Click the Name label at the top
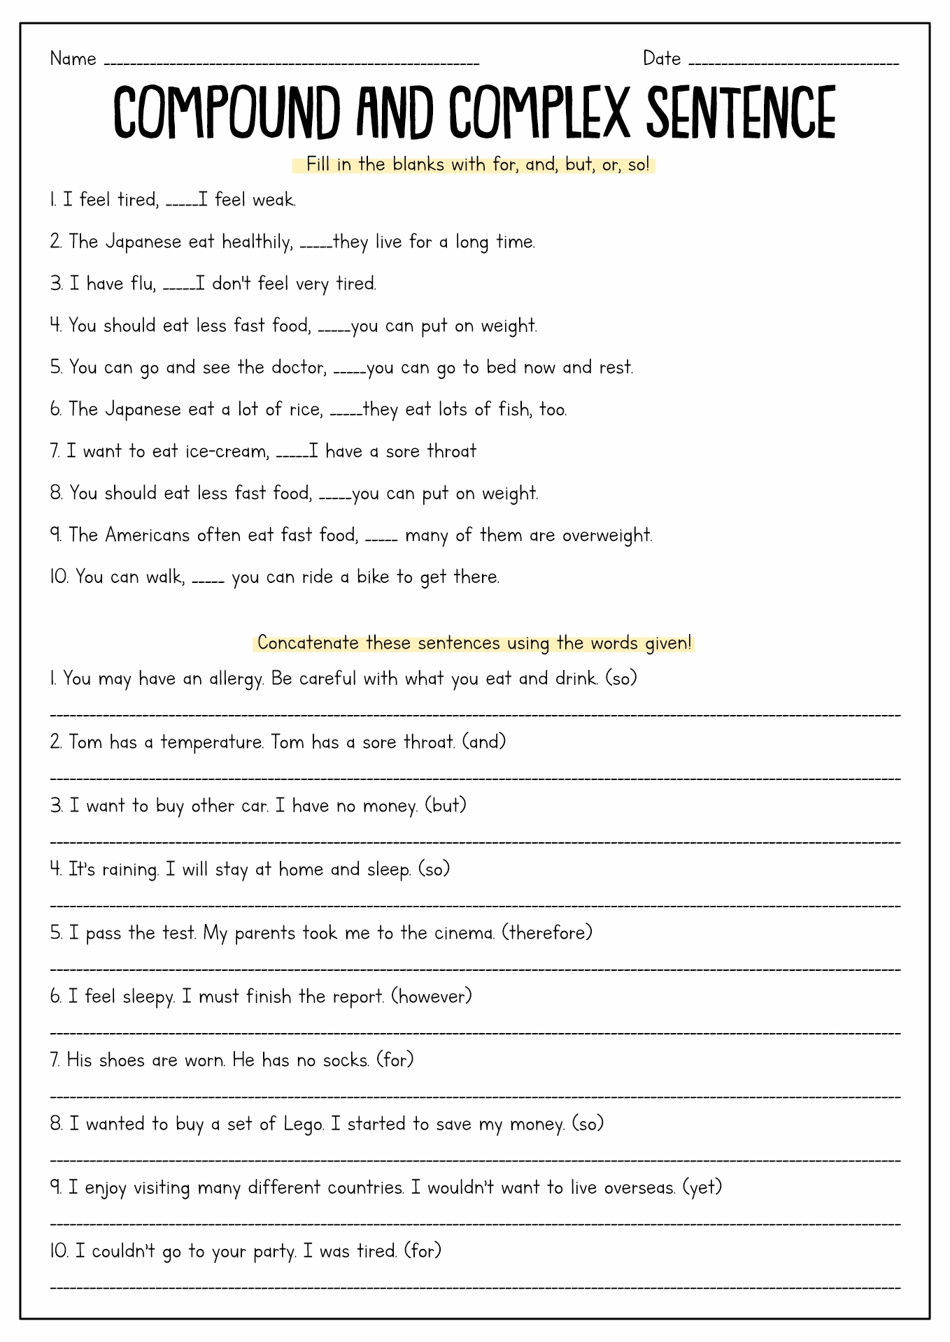tap(73, 59)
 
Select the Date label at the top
tap(662, 59)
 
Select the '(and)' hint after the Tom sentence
tap(484, 742)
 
